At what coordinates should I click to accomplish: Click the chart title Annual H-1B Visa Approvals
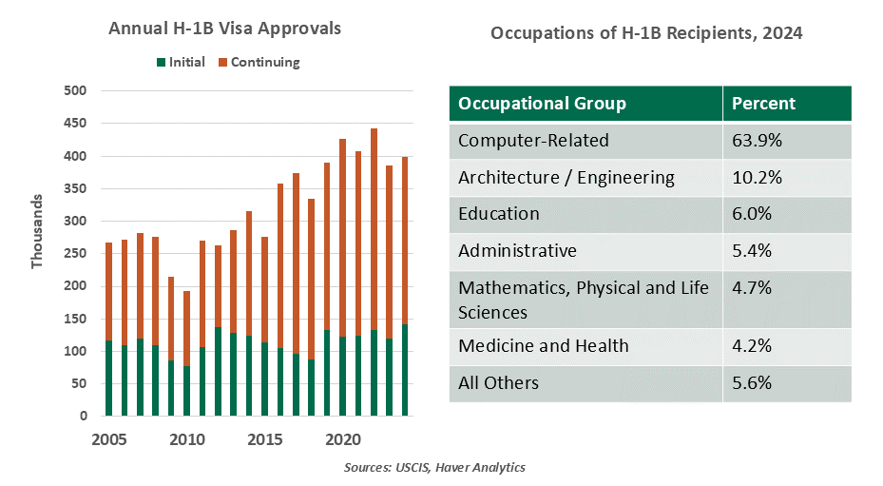(224, 29)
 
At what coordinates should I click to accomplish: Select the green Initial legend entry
(181, 62)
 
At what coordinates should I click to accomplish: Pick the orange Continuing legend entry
(259, 62)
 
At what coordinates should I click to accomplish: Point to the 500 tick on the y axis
(75, 91)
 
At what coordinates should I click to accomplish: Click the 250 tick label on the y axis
(75, 254)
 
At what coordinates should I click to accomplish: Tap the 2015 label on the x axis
(265, 439)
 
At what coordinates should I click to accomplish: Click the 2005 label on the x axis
(109, 439)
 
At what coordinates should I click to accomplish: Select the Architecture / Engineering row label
(566, 177)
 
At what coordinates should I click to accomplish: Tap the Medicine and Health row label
(544, 345)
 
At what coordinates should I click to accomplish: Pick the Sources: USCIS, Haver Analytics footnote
(435, 467)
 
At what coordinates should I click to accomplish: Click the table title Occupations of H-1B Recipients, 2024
(646, 33)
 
